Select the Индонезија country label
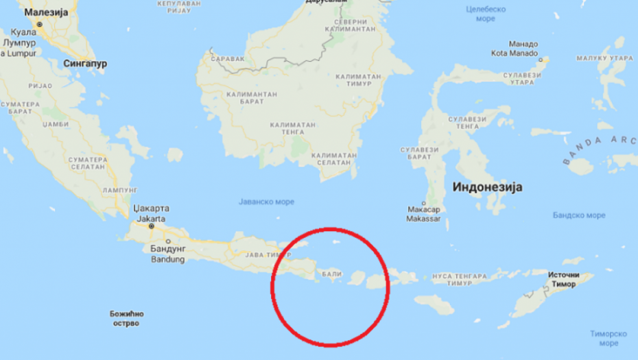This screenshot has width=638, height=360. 488,187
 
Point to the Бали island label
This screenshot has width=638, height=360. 331,274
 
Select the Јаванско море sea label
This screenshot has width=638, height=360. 266,202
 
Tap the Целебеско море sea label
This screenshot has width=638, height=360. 486,14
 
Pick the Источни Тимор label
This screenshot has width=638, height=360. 564,279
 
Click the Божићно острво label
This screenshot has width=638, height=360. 129,317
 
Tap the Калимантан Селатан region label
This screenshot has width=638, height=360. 334,159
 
